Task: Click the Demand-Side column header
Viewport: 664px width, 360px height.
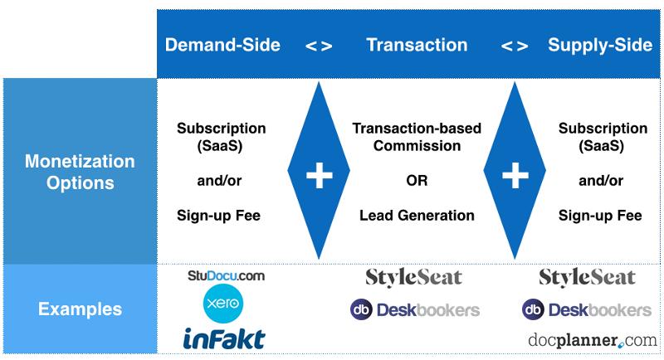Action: tap(222, 45)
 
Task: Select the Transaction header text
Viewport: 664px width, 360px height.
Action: tap(417, 45)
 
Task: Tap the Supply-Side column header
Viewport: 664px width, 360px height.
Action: tap(600, 45)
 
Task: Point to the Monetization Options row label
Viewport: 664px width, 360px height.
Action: tap(80, 172)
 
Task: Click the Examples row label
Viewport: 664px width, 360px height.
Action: tap(80, 309)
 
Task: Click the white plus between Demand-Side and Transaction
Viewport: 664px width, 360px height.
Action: tap(320, 175)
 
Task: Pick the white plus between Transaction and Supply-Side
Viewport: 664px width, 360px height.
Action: tap(515, 175)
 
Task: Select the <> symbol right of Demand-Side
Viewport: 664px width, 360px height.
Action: tap(319, 46)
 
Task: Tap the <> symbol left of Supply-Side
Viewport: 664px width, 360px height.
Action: tap(515, 46)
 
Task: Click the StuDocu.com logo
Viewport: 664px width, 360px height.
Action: tap(226, 276)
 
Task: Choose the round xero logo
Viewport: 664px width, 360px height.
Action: tap(223, 304)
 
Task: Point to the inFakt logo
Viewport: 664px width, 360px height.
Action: tap(224, 339)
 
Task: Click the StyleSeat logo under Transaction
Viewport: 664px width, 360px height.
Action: tap(413, 278)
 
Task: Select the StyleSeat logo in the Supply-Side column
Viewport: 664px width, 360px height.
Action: tap(588, 278)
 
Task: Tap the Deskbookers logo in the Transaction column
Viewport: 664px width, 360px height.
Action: tap(415, 309)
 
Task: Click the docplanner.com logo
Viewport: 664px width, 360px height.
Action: tap(593, 340)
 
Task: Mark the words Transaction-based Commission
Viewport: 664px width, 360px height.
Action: tap(417, 137)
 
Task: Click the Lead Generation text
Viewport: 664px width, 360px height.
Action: tap(417, 216)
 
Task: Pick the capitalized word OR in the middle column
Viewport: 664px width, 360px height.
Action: tap(417, 181)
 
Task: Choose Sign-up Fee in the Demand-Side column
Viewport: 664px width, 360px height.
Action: tap(218, 216)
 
